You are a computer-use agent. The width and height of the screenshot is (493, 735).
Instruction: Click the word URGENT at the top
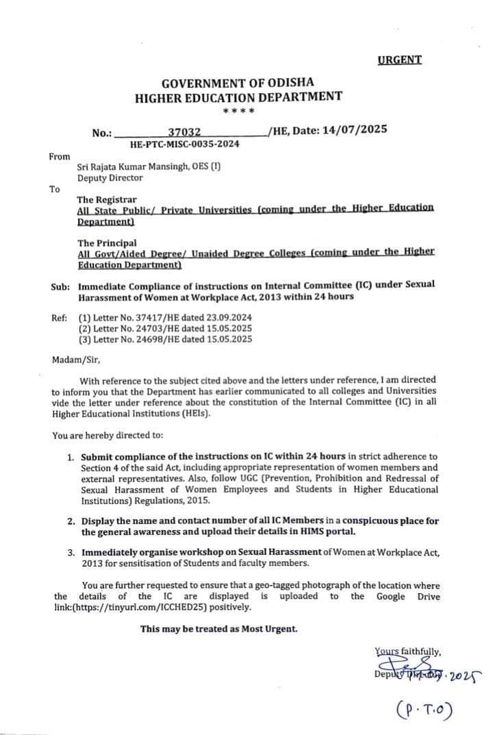point(400,60)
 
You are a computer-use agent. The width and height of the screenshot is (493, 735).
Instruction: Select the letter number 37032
point(182,132)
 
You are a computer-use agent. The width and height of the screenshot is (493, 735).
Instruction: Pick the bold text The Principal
point(103,242)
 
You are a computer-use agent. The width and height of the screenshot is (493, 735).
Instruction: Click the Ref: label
point(59,318)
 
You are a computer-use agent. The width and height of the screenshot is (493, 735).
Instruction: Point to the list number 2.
point(71,521)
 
